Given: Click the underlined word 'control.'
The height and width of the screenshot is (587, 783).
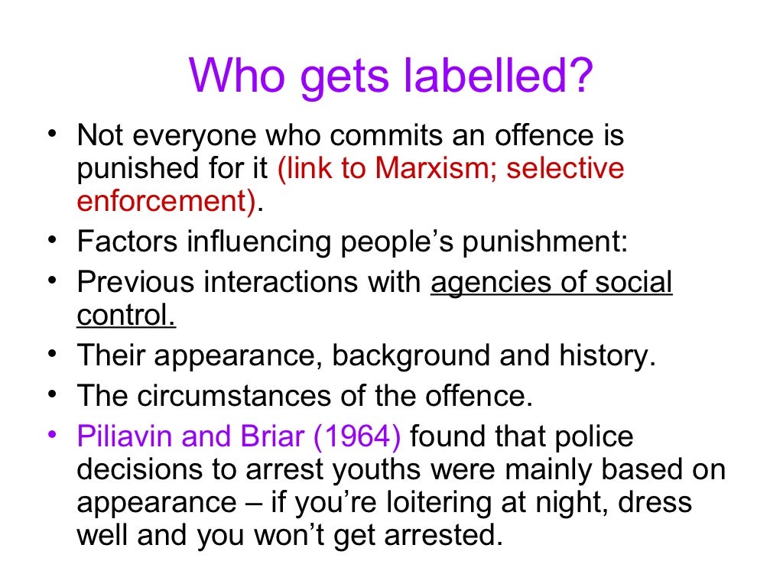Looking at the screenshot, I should click(126, 315).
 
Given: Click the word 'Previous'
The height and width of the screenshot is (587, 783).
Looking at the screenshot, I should click(135, 283).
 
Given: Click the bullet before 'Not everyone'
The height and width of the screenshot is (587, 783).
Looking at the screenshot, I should click(51, 135).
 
